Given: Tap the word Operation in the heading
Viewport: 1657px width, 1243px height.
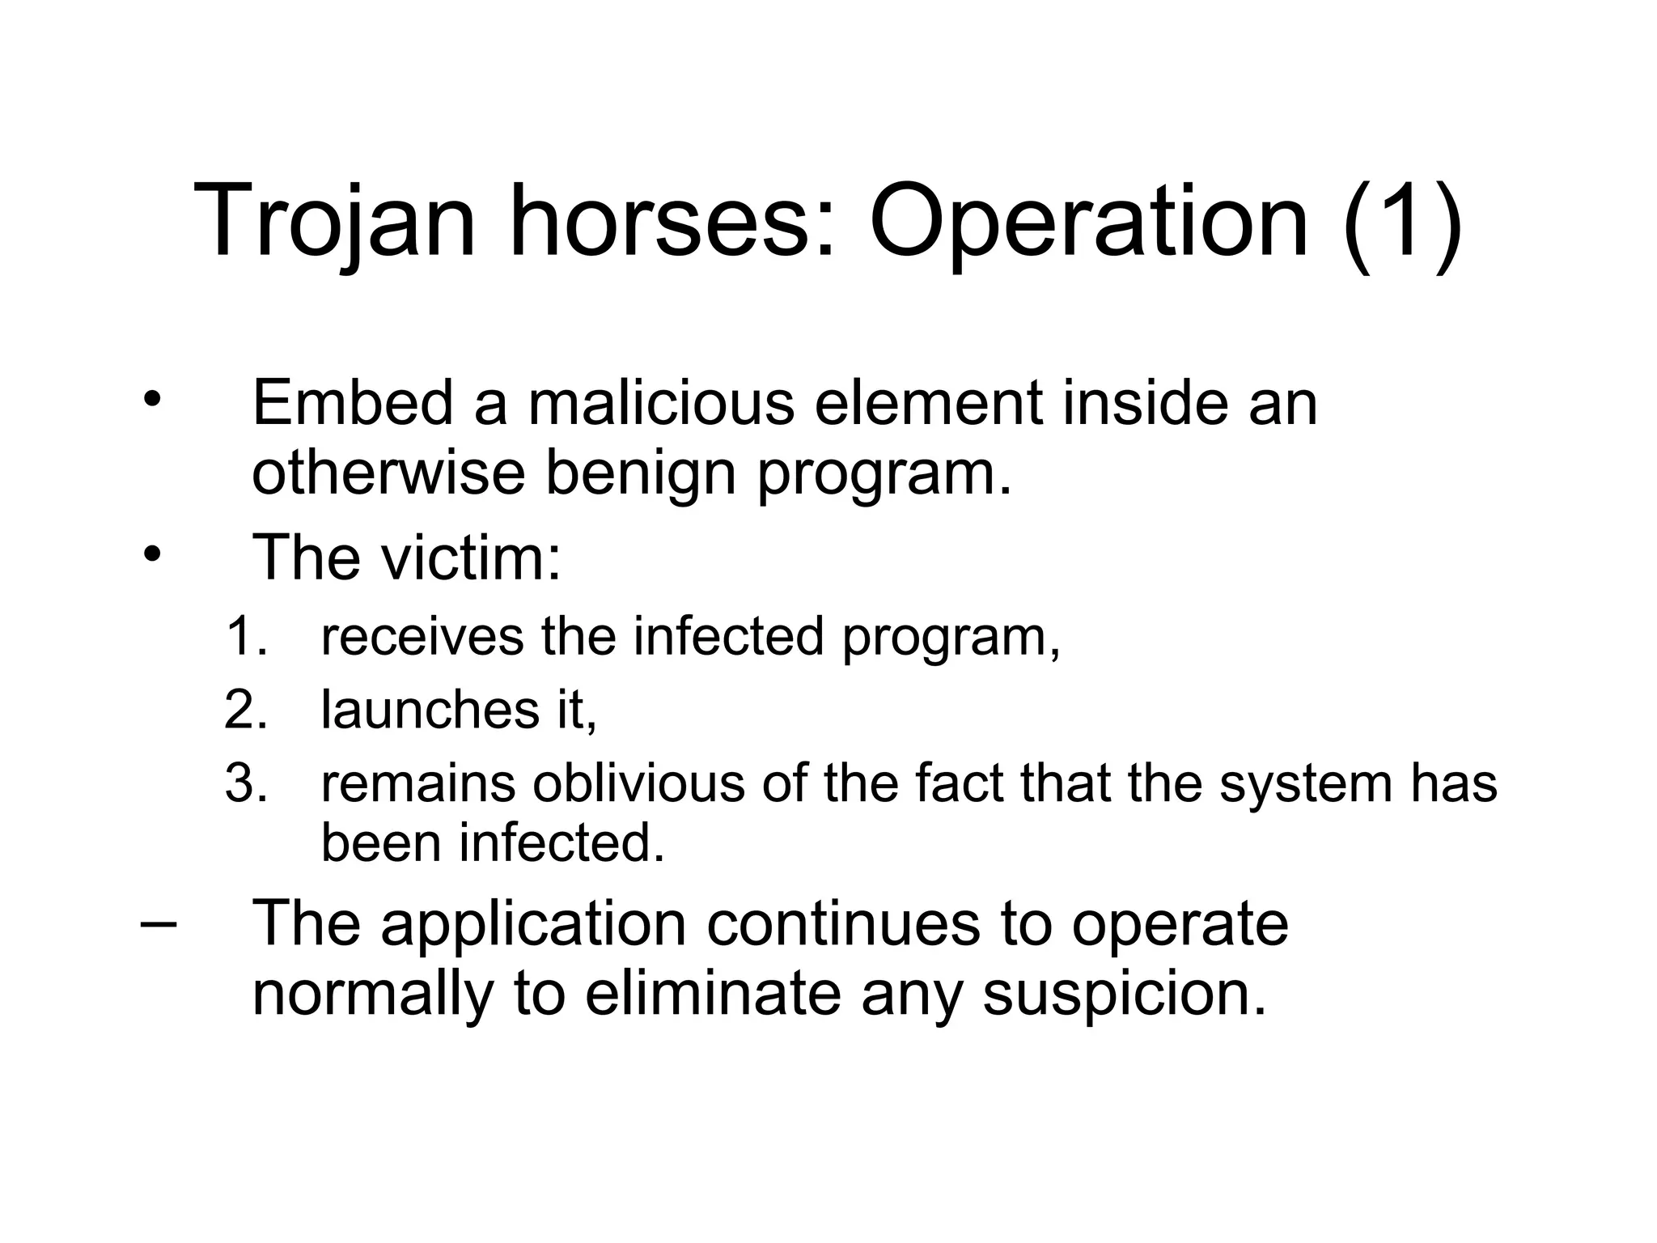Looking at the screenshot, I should click(1088, 220).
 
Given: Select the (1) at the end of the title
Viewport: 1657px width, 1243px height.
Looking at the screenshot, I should click(1402, 220).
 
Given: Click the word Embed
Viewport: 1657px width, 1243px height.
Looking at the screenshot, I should click(353, 402).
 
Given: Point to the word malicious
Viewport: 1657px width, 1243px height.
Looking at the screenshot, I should click(661, 402).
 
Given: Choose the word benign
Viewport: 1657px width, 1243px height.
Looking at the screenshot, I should click(640, 473).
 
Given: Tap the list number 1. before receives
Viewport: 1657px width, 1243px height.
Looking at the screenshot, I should click(246, 636).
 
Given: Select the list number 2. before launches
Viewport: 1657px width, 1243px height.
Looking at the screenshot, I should click(246, 710).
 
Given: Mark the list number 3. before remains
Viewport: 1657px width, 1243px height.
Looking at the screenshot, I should click(246, 783).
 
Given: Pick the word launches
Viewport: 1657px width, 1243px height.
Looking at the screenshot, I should click(430, 710).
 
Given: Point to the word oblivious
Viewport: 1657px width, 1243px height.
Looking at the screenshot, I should click(638, 783).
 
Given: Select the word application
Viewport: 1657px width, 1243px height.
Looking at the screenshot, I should click(534, 926).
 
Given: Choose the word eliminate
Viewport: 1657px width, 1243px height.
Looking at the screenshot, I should click(713, 994).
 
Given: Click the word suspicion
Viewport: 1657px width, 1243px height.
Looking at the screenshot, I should click(1124, 994).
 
